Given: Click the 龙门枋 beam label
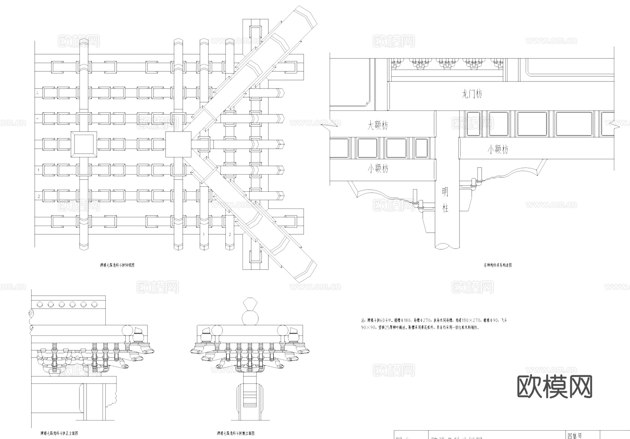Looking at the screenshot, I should click(472, 94).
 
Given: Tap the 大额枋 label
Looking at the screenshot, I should click(377, 125).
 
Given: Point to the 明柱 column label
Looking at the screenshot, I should click(445, 200).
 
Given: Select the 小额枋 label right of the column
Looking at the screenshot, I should click(498, 150).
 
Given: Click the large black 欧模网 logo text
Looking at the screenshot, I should click(554, 387).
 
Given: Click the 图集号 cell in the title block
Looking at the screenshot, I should click(575, 436).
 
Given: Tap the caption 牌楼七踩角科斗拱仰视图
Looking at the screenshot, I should click(117, 265).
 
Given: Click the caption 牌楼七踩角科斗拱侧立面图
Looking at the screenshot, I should click(236, 433).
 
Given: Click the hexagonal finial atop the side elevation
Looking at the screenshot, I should click(251, 303).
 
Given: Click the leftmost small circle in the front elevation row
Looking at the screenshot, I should click(40, 304).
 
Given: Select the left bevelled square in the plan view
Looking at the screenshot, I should click(84, 144).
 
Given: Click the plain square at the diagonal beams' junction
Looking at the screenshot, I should click(178, 144).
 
